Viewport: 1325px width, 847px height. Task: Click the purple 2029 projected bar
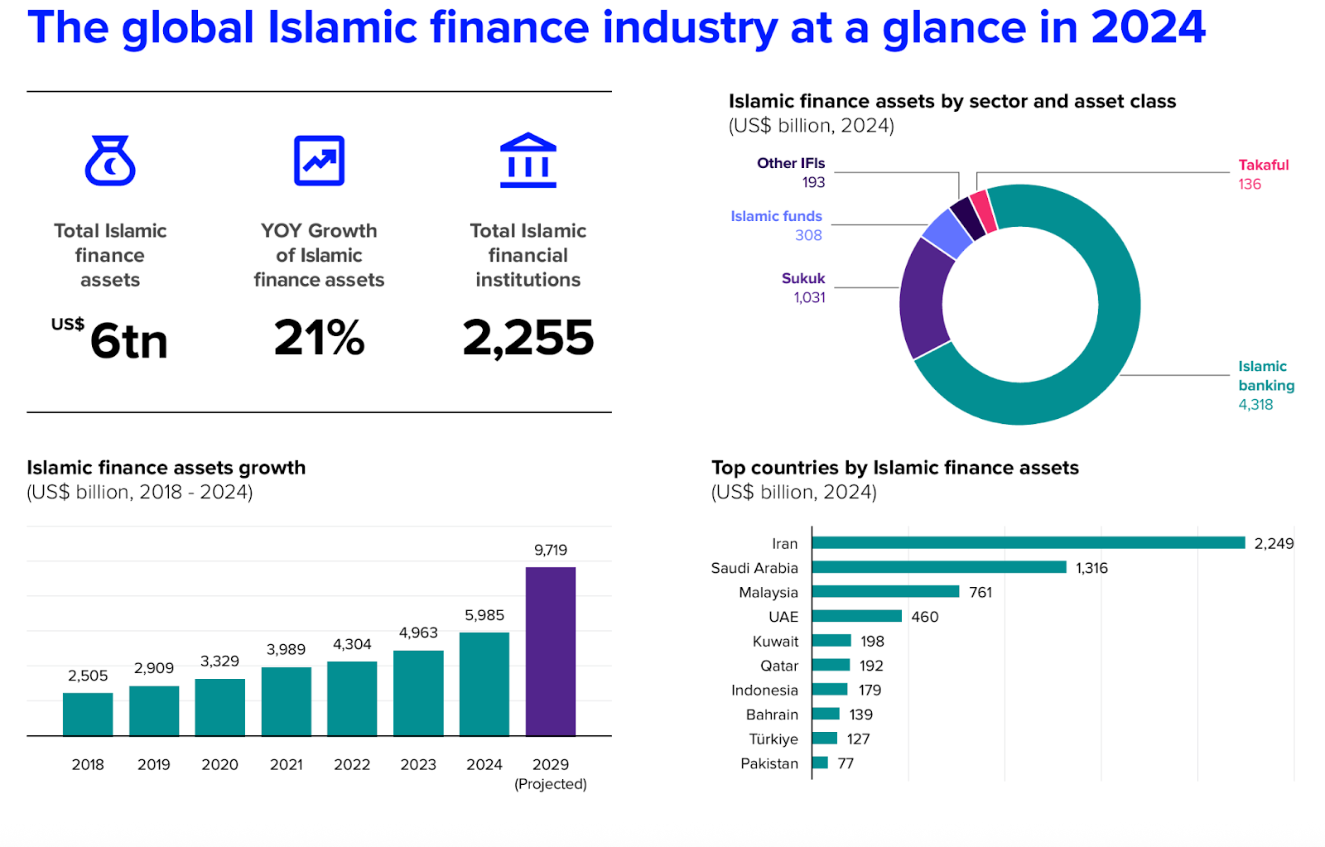pos(550,651)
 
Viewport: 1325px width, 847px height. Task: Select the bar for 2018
pos(88,714)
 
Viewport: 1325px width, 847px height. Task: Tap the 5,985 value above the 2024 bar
pos(484,615)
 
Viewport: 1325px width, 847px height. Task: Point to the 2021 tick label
pos(286,764)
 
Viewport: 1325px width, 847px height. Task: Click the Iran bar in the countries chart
pos(1029,543)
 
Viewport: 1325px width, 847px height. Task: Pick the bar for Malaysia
pos(885,592)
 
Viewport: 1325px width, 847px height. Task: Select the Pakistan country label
pos(769,763)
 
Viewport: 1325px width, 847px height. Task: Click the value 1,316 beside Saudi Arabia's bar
pos(1091,568)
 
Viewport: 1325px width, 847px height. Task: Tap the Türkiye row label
pos(773,739)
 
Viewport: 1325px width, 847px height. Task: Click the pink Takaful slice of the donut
pos(982,211)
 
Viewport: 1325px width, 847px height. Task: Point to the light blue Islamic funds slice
pos(947,233)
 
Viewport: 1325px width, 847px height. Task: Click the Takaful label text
pos(1263,165)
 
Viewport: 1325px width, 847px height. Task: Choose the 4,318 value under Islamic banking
pos(1255,405)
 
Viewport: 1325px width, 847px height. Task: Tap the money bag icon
pos(110,161)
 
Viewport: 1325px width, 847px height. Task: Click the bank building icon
pos(528,161)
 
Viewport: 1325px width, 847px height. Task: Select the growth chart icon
pos(319,161)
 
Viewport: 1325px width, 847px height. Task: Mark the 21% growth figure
pos(319,338)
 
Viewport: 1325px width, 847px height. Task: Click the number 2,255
pos(528,338)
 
